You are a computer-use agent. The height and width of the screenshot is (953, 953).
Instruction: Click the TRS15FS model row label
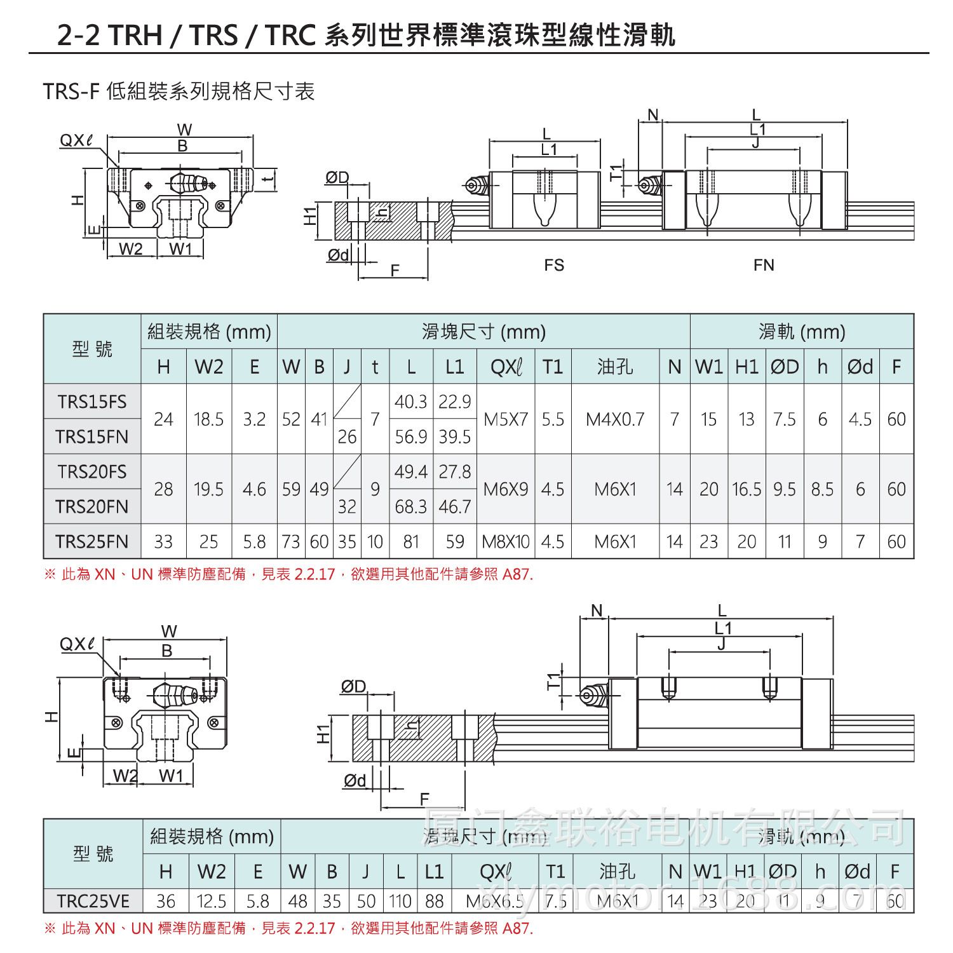(x=92, y=402)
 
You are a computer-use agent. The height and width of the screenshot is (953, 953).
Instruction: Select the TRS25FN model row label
(x=92, y=541)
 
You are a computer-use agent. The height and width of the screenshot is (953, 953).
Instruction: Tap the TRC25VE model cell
(x=93, y=901)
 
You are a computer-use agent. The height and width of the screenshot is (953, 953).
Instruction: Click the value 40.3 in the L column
(x=411, y=402)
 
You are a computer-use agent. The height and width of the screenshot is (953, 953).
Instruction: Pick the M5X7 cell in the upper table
(x=506, y=419)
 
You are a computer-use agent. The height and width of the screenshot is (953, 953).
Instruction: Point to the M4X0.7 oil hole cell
(x=615, y=419)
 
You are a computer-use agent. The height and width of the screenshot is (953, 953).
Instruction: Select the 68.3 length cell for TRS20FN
(x=411, y=506)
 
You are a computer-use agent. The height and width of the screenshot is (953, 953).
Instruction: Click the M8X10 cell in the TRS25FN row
(x=506, y=541)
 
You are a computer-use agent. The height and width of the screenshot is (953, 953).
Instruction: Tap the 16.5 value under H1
(x=747, y=489)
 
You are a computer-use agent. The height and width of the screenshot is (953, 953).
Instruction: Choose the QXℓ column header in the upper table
(x=506, y=367)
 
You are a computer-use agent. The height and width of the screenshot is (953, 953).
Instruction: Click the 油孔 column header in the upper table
(x=615, y=367)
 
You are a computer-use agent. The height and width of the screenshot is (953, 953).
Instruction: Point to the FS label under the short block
(x=554, y=264)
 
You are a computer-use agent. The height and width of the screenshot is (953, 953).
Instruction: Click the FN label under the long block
(x=764, y=264)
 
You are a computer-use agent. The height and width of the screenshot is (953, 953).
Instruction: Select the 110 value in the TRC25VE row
(x=400, y=901)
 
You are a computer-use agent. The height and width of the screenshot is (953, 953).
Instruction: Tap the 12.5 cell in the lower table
(x=212, y=901)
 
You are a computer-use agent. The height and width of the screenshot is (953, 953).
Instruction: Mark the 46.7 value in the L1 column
(x=455, y=506)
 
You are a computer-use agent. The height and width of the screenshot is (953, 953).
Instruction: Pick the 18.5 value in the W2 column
(x=209, y=419)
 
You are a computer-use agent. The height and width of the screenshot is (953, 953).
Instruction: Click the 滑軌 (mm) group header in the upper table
(x=802, y=332)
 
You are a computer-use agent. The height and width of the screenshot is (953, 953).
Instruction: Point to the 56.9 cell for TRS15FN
(x=411, y=436)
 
